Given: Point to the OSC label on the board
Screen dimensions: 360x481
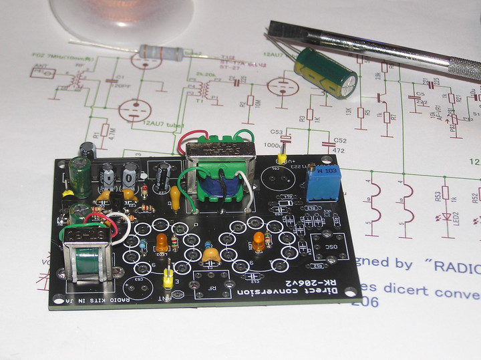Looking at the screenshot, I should point(329,246).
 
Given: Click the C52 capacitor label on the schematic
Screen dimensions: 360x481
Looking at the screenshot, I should point(340,141).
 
